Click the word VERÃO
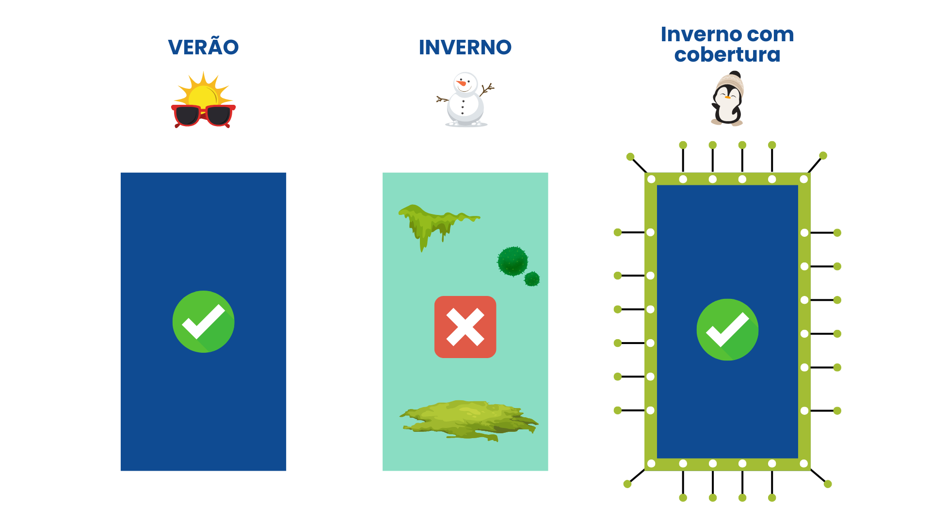pos(203,48)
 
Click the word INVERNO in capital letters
pos(465,48)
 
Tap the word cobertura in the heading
pos(727,55)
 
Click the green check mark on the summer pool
pos(203,322)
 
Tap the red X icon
pos(465,327)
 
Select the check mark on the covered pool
pos(727,330)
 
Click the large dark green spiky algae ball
pos(512,262)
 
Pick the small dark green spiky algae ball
pos(532,279)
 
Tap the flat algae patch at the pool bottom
pos(468,420)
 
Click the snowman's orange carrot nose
pos(462,83)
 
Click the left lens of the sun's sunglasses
pos(187,115)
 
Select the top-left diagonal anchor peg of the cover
pos(630,157)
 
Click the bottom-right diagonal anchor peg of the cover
pos(828,484)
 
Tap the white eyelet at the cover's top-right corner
pos(803,180)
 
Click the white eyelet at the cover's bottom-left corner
pos(651,463)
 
